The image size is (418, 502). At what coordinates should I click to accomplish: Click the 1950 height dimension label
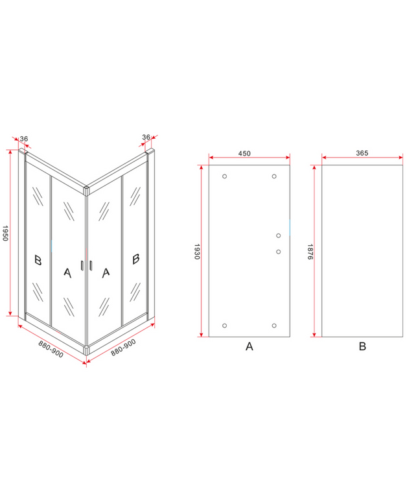tap(5, 233)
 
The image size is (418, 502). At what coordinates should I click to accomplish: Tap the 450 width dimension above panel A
tap(244, 153)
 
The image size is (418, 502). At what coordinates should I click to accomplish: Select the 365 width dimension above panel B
tap(362, 153)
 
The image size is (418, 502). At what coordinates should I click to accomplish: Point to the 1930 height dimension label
tap(197, 252)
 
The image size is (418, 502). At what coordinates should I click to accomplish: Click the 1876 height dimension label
tap(310, 252)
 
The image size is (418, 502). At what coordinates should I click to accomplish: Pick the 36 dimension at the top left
tap(24, 139)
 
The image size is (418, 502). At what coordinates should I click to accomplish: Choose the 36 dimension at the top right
tap(146, 137)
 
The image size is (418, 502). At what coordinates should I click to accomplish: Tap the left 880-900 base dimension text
tap(51, 349)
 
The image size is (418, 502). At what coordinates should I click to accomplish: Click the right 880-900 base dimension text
tap(123, 348)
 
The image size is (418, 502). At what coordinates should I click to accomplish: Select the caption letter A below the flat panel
tap(249, 346)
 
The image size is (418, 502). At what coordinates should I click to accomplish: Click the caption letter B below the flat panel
tap(362, 346)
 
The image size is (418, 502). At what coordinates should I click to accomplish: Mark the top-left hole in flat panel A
tap(224, 176)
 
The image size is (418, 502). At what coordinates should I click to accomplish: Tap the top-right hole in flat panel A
tap(274, 176)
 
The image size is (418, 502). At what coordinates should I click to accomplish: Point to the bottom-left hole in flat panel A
tap(224, 326)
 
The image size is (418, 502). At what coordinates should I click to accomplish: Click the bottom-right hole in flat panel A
tap(274, 326)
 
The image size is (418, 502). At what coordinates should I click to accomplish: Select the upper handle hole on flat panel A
tap(278, 235)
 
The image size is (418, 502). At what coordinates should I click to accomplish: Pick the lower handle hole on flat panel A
tap(278, 252)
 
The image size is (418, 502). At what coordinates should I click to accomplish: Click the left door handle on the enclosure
tap(82, 266)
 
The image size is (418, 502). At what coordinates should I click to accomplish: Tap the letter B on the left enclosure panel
tap(38, 260)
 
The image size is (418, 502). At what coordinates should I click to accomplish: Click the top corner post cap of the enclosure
tap(86, 190)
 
